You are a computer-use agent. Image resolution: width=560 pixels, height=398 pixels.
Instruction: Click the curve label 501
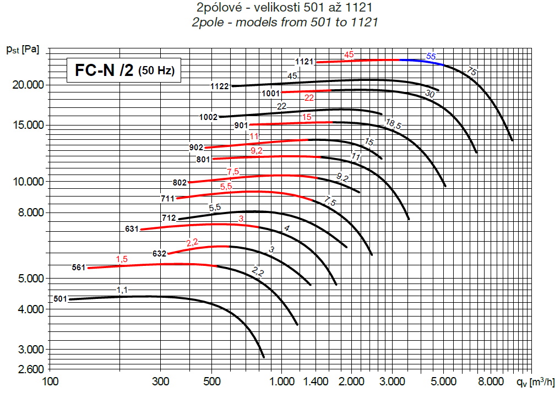coord(60,299)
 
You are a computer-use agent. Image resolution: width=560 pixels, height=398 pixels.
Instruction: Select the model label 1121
coord(304,62)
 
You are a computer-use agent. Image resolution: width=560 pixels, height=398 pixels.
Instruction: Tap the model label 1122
coord(220,86)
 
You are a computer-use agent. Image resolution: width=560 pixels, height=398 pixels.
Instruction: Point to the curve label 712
coord(168,218)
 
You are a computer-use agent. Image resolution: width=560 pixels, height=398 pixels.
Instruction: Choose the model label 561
coord(79,268)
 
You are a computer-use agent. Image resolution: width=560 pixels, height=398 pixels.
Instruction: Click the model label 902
coord(196,148)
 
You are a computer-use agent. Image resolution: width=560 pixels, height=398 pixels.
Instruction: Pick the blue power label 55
coord(431,56)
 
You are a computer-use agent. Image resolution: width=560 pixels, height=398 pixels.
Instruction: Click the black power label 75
coord(471,71)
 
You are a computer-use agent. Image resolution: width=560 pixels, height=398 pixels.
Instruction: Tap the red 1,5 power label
coord(122,259)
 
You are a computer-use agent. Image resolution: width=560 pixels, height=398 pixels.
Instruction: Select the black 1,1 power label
coord(122,290)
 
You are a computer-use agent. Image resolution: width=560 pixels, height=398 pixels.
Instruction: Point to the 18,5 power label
coord(393,124)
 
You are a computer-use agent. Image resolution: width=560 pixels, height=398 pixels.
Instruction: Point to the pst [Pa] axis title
coord(22,50)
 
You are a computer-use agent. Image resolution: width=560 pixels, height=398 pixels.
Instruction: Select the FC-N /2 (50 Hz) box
coord(124,70)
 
